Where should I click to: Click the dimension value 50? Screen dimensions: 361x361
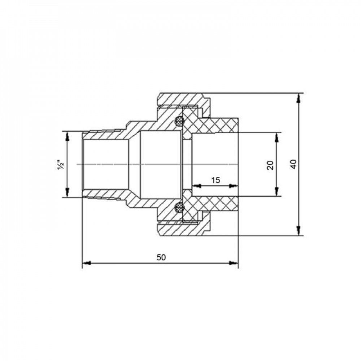(161, 257)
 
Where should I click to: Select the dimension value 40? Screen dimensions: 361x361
(294, 164)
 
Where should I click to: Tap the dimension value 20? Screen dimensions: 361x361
(270, 165)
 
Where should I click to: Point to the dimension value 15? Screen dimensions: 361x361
(216, 180)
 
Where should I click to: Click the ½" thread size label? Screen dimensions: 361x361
(61, 165)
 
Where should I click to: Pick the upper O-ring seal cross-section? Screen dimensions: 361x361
(179, 121)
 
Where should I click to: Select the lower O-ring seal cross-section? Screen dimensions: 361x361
(179, 208)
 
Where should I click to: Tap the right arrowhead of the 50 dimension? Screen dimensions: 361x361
(234, 263)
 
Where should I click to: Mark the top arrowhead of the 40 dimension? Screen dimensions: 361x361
(299, 98)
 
